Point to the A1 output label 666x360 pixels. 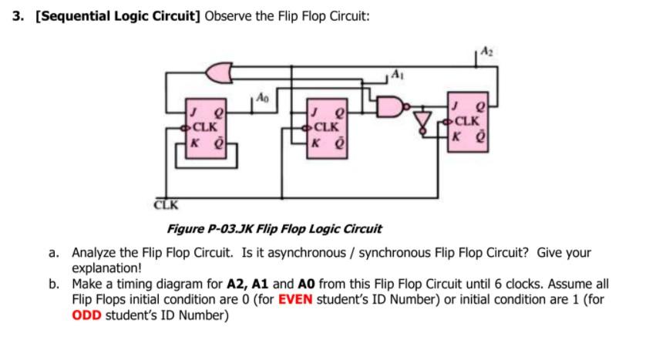[x=395, y=75]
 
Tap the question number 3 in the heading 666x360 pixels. [x=18, y=16]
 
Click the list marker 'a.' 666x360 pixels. [x=54, y=253]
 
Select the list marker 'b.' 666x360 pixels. [x=54, y=284]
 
